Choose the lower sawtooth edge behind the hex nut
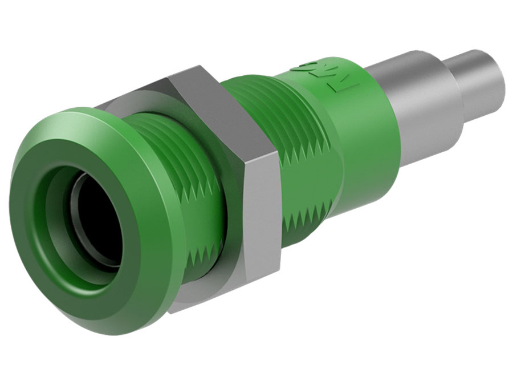(302, 222)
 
